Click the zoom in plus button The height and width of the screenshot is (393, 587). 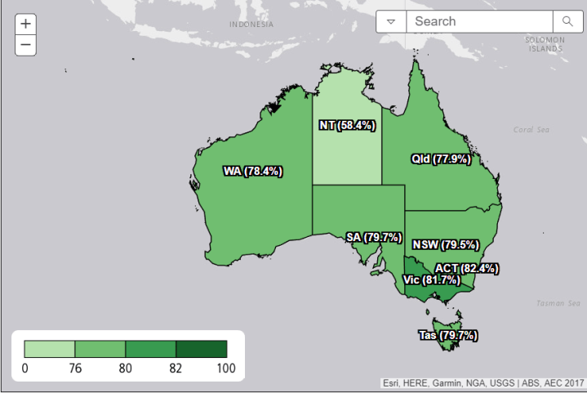coord(25,25)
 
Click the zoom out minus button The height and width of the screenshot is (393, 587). coord(25,45)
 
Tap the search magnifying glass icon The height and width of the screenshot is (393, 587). coord(566,21)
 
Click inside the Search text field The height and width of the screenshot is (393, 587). coord(478,21)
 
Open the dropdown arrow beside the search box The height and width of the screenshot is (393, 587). coord(391,21)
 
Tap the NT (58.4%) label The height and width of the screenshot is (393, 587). coord(346,126)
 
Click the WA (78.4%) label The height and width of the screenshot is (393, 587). coord(252,172)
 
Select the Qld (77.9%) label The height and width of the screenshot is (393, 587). coord(441,159)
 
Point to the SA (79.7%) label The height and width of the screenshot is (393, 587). coord(374,238)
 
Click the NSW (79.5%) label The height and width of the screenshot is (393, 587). coord(445,244)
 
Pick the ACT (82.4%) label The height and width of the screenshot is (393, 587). coord(466,268)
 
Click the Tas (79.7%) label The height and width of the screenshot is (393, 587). coord(448,335)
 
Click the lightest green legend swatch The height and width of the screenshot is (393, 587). coord(49,349)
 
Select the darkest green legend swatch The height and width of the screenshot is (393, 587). coord(201,349)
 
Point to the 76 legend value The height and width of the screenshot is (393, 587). coord(75,368)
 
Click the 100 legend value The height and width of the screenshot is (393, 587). coord(225,368)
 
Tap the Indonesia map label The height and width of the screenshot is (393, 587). coord(251,25)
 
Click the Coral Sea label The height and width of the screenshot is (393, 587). coord(531,129)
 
